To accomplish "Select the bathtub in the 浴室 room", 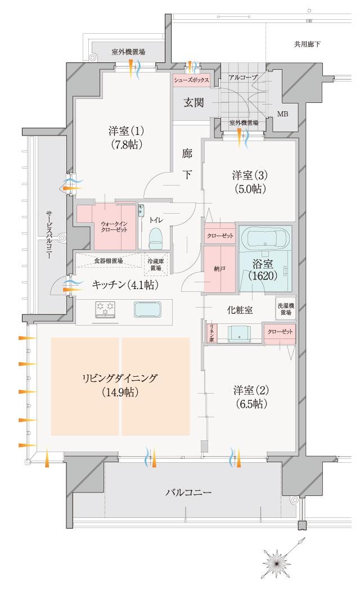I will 265,239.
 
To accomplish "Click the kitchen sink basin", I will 147,310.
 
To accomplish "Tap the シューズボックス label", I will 191,80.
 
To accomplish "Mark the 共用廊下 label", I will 307,44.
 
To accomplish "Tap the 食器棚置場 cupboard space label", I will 109,261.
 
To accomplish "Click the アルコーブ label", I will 243,76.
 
